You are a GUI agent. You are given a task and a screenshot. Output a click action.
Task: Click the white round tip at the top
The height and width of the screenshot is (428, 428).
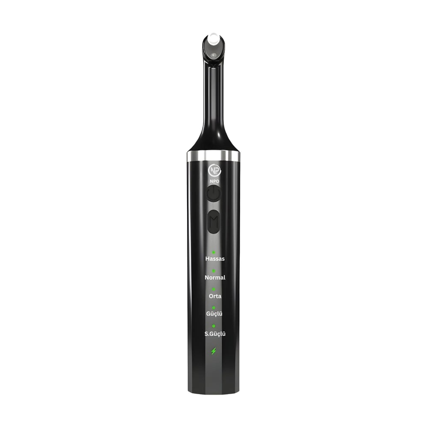[x=214, y=40]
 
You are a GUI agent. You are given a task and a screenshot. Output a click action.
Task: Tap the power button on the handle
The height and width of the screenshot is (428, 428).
[x=214, y=193]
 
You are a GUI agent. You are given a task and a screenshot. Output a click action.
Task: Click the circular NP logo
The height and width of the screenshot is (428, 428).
[x=214, y=171]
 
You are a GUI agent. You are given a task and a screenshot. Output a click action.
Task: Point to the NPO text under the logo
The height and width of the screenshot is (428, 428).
[x=214, y=181]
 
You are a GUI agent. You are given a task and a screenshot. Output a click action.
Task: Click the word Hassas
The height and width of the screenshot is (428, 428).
[x=215, y=259]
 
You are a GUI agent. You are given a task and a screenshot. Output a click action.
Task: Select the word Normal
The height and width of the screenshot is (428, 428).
[x=215, y=278]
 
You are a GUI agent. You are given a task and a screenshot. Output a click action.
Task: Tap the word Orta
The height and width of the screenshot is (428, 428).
[x=215, y=296]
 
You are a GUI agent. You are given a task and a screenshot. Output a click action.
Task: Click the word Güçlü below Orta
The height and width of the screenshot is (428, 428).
[x=214, y=314]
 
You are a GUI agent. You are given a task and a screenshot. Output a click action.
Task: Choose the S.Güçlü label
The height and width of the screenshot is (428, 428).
[x=215, y=334]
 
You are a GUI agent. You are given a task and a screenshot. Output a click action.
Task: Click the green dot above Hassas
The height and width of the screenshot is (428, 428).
[x=214, y=253]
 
